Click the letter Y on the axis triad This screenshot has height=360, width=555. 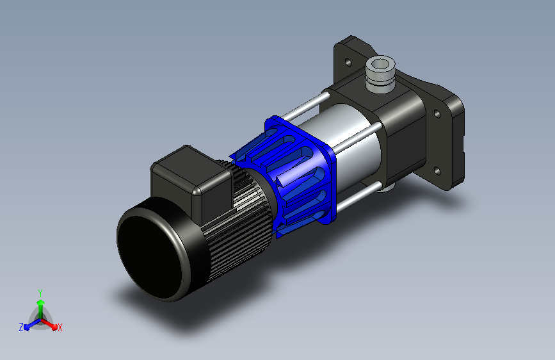(x=40, y=293)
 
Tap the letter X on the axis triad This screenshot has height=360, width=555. (x=60, y=327)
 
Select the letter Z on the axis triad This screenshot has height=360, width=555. (x=21, y=327)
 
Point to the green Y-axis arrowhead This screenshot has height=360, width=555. (x=41, y=302)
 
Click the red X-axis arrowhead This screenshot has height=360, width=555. (x=54, y=327)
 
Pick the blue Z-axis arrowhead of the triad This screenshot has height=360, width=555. (x=27, y=327)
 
